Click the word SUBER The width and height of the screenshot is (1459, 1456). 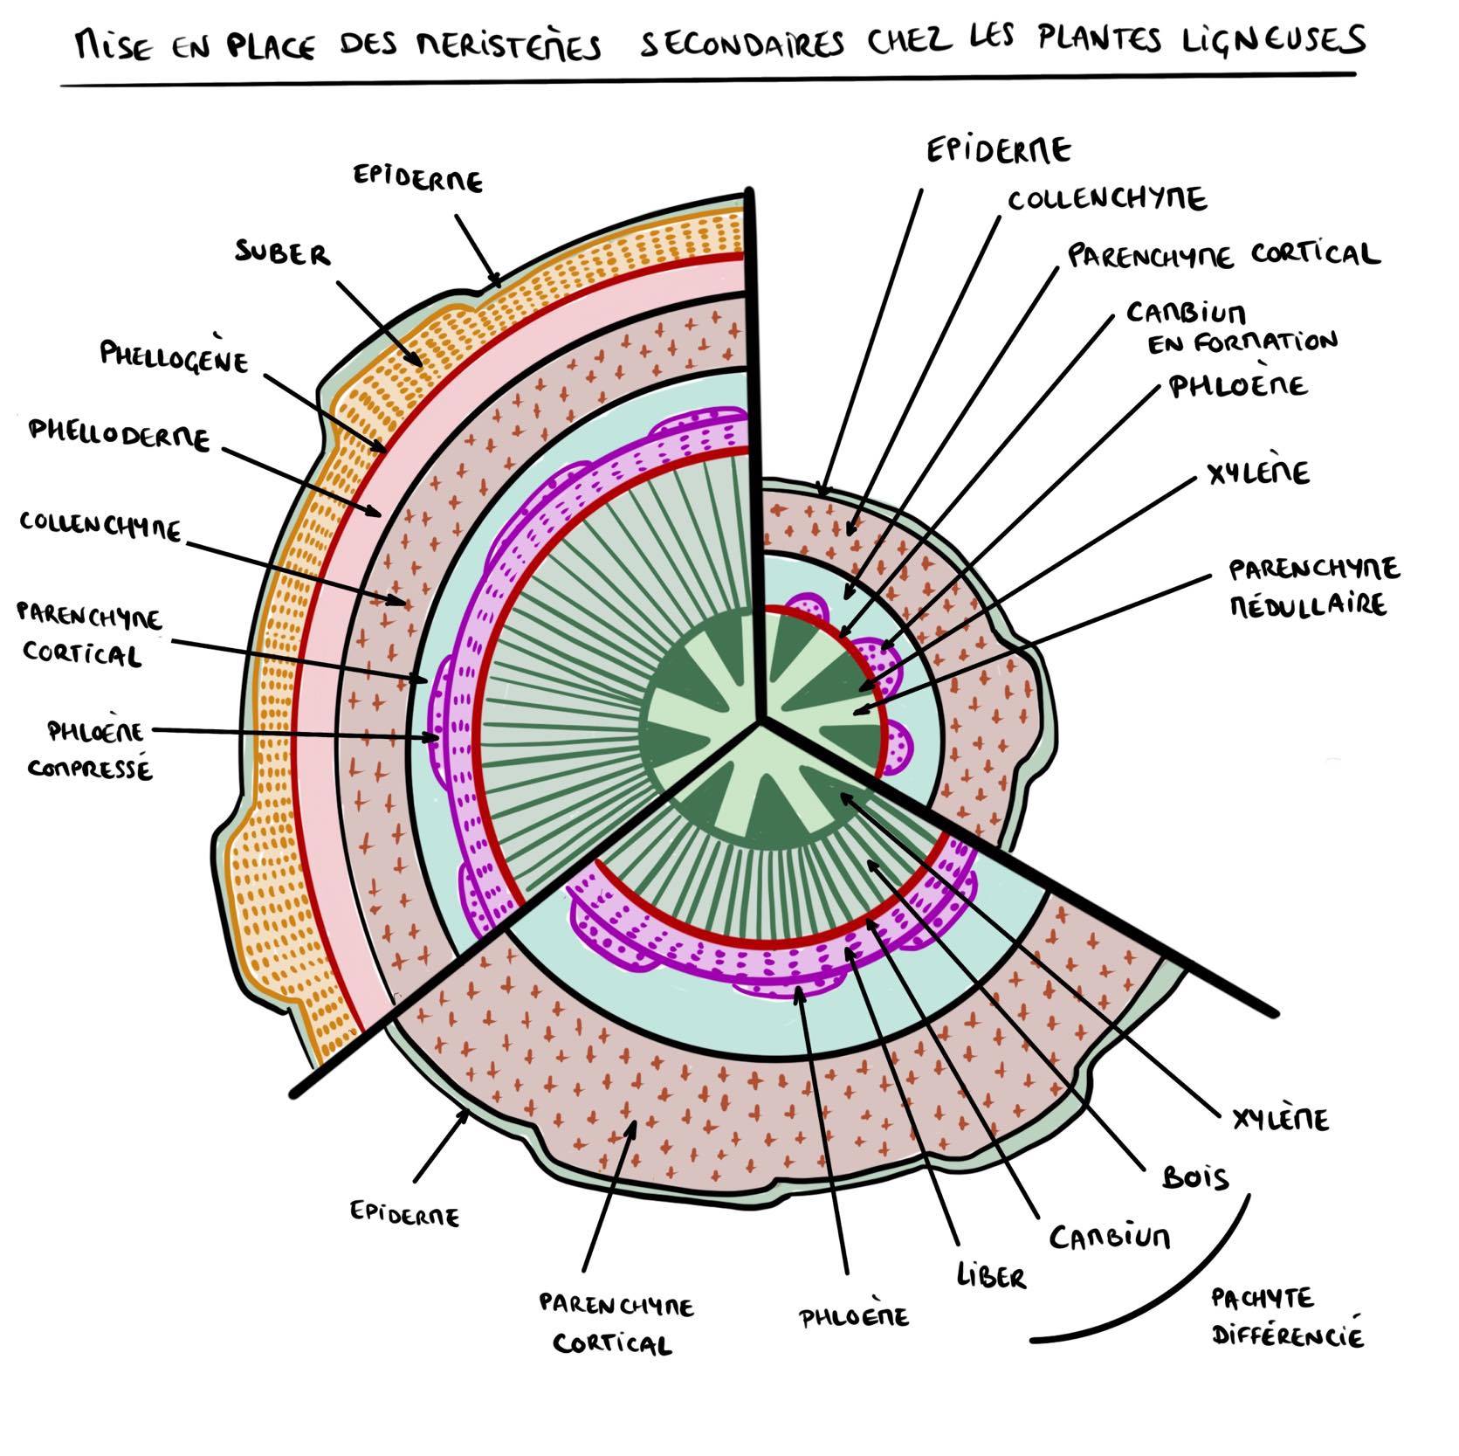pos(282,254)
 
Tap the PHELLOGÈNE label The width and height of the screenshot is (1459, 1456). pos(174,355)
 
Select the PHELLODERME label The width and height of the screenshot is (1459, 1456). pos(120,433)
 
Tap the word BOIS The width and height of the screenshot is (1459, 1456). pos(1195,1178)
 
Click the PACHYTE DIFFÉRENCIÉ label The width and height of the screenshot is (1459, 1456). pos(1285,1318)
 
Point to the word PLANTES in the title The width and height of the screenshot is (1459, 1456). pos(1100,39)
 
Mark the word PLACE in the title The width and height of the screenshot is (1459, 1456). pos(271,44)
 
